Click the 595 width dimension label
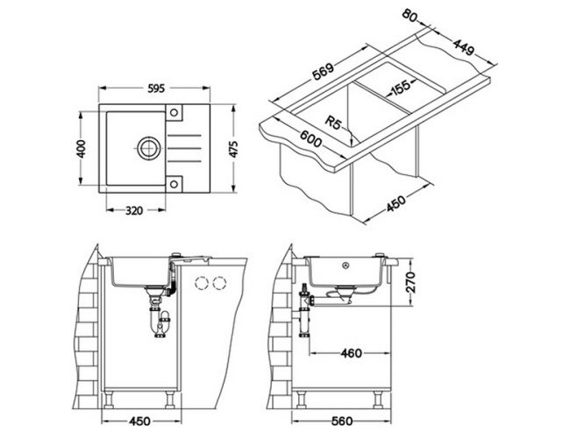[x=157, y=88]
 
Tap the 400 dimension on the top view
[x=82, y=149]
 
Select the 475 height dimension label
[x=234, y=149]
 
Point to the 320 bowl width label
[x=134, y=210]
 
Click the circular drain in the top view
[x=149, y=148]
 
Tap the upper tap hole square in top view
[x=174, y=112]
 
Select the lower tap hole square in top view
[x=174, y=184]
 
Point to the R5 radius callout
[x=333, y=122]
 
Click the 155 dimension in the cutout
[x=400, y=88]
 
